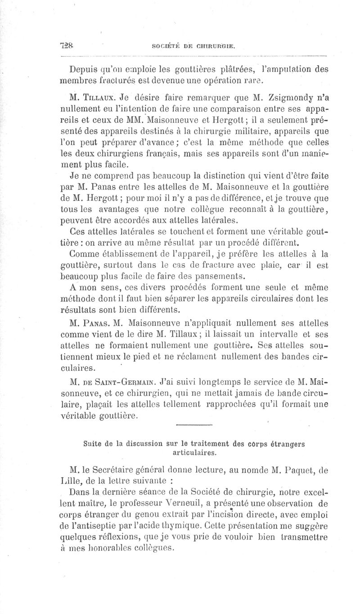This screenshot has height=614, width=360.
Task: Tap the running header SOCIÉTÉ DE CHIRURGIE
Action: tap(194, 46)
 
